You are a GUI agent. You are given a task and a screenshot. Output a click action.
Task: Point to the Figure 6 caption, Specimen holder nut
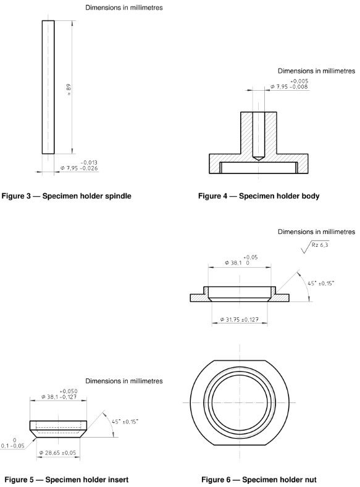(x=259, y=479)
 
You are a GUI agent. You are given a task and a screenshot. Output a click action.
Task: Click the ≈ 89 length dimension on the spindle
(x=70, y=90)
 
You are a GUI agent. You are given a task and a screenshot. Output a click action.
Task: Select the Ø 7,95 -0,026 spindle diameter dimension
(x=78, y=168)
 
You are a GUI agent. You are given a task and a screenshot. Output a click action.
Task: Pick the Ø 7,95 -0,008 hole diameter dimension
(x=289, y=86)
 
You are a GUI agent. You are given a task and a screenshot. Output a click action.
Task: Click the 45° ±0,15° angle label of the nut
(x=321, y=283)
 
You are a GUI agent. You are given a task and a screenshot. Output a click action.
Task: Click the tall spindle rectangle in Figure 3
(x=48, y=87)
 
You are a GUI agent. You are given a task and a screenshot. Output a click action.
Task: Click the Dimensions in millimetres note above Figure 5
(x=124, y=381)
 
